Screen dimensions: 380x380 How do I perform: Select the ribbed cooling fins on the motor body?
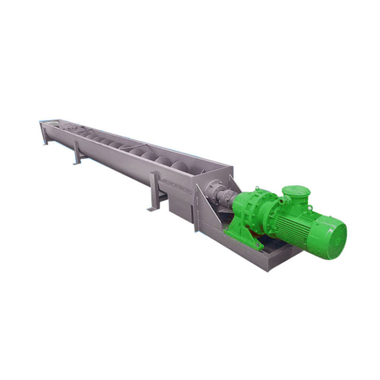point(304,223)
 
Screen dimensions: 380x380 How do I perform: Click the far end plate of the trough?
point(42,126)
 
